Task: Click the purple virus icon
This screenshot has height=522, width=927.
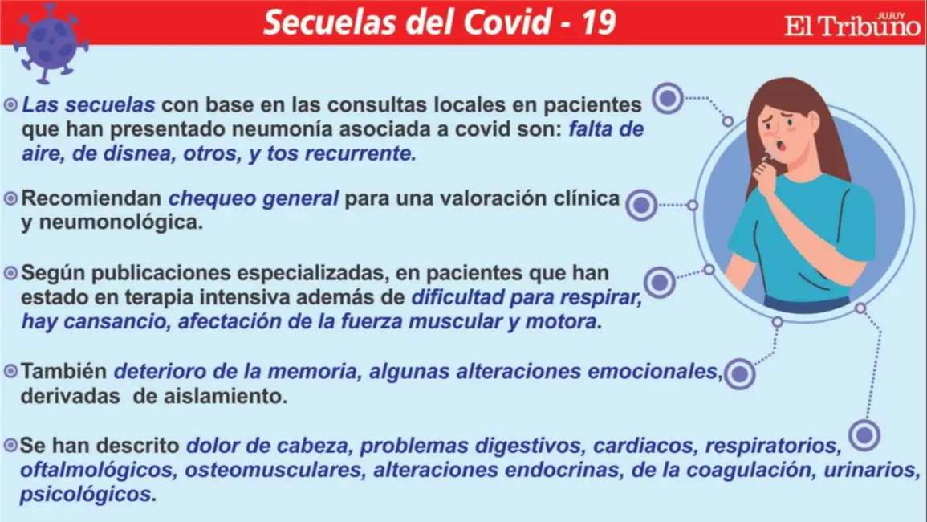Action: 51,43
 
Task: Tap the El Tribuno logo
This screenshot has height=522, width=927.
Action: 852,25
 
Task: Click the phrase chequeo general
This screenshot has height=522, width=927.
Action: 254,198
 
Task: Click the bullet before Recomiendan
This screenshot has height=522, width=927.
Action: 10,198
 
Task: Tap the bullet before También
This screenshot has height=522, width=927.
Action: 10,371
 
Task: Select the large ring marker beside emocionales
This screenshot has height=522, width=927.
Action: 739,373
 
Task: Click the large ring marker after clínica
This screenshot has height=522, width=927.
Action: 641,205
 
